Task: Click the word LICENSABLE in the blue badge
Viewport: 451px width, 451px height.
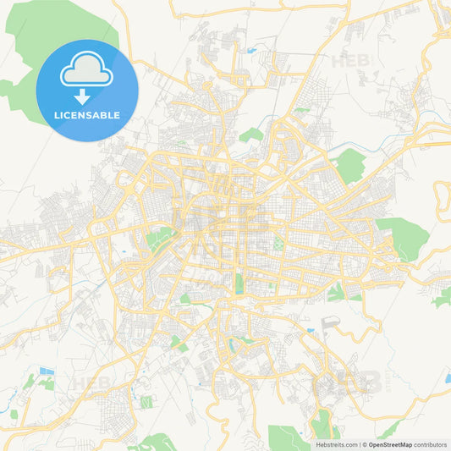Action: [87, 115]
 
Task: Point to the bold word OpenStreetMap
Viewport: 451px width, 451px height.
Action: [390, 444]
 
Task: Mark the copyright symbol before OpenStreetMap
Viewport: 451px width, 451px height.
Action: [365, 444]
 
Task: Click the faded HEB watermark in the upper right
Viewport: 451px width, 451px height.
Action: [352, 61]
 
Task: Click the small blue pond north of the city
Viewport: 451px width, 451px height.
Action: [251, 51]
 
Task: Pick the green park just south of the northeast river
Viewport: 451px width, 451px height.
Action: [349, 166]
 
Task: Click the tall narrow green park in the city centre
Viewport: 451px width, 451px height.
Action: [239, 283]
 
